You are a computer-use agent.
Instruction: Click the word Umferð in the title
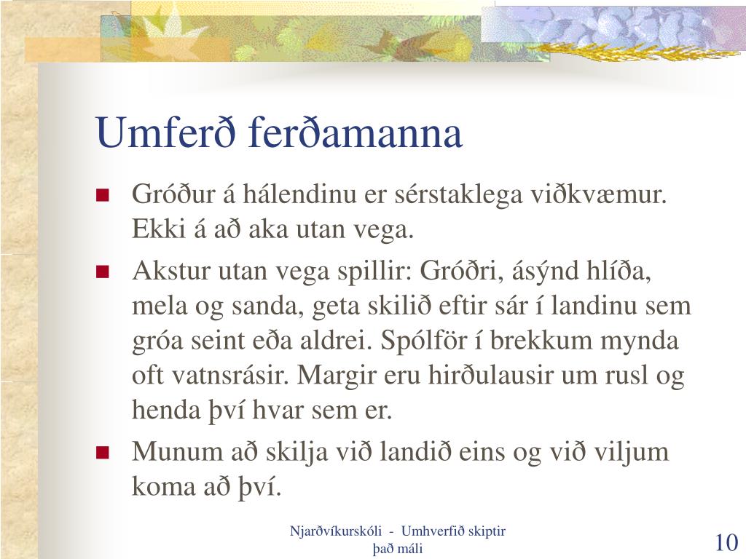pyautogui.click(x=165, y=132)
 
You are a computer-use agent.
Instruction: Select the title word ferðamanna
pyautogui.click(x=355, y=132)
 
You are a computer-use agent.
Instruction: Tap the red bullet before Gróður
pyautogui.click(x=102, y=195)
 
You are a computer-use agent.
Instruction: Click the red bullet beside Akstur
pyautogui.click(x=102, y=272)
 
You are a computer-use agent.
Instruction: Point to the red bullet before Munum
pyautogui.click(x=102, y=452)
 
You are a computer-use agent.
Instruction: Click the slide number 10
pyautogui.click(x=726, y=542)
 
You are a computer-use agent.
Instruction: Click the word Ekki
pyautogui.click(x=158, y=229)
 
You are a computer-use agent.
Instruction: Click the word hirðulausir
pyautogui.click(x=491, y=375)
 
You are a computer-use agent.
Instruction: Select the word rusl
pyautogui.click(x=627, y=375)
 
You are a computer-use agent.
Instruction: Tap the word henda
pyautogui.click(x=166, y=410)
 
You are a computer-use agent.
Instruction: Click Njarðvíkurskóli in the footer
pyautogui.click(x=335, y=531)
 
